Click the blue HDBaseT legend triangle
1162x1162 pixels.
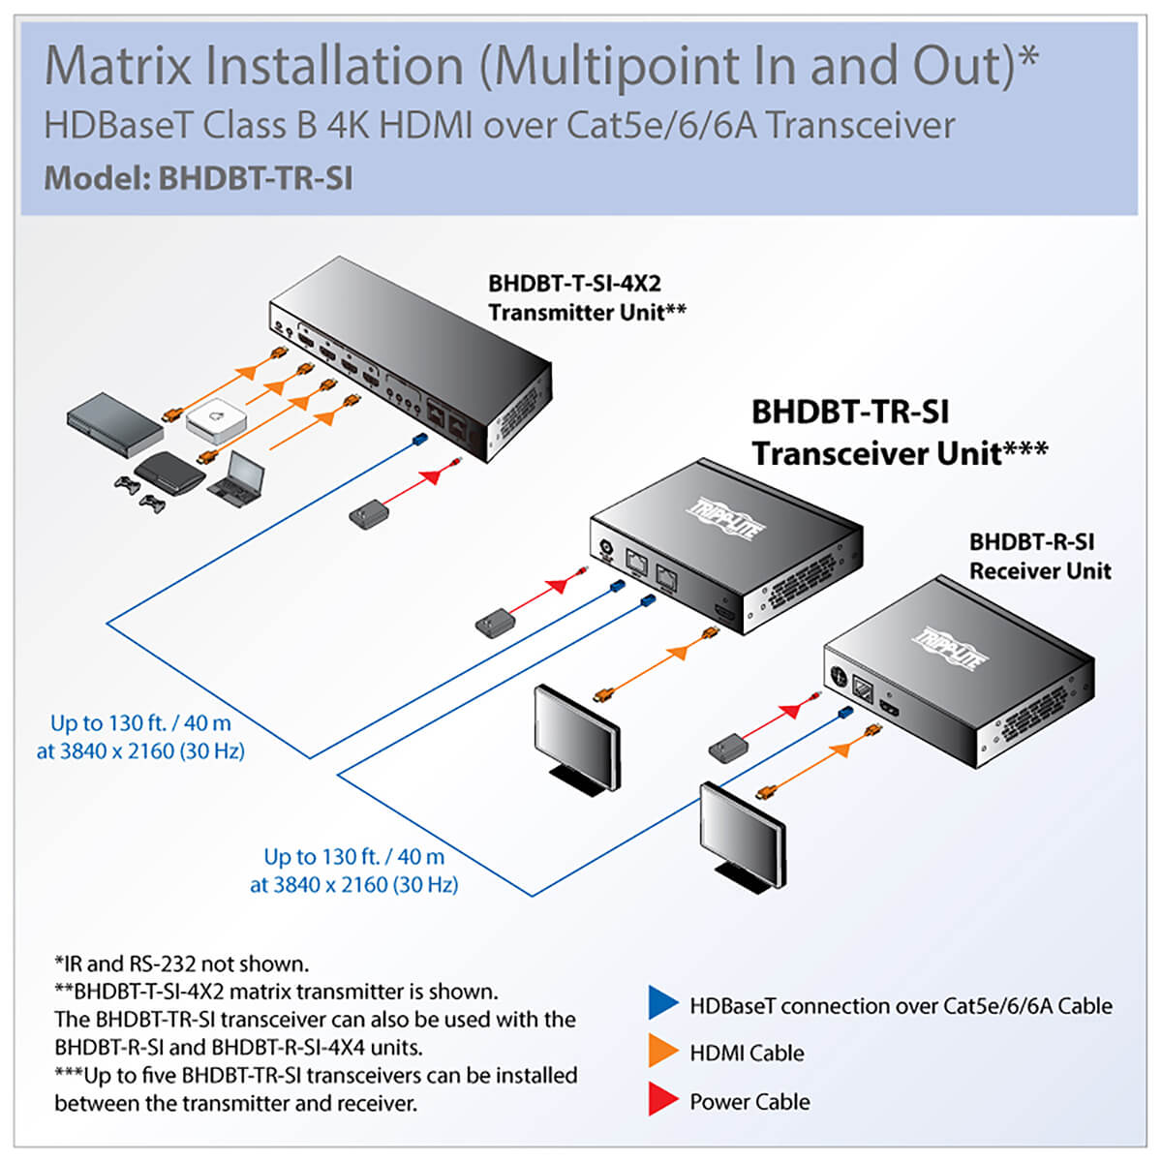pos(663,1003)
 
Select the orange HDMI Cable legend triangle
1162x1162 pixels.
pos(663,1052)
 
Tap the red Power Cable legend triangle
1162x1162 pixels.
pos(663,1100)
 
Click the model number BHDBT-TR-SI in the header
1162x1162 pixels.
pos(255,178)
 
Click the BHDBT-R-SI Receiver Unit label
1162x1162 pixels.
pos(1040,557)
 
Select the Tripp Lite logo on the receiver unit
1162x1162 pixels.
pos(951,647)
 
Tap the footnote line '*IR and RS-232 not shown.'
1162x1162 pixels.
pos(182,963)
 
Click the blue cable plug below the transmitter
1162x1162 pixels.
pos(419,441)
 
